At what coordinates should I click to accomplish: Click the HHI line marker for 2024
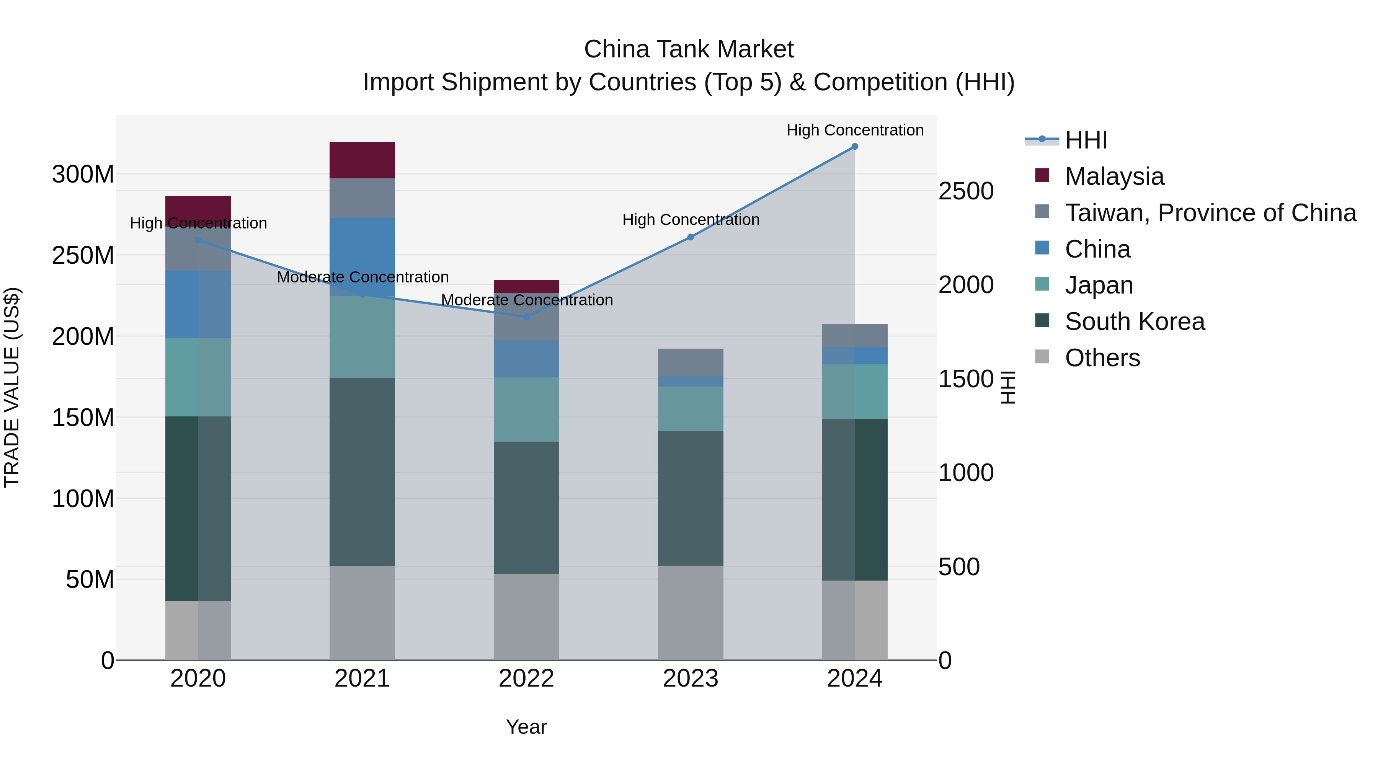coord(854,147)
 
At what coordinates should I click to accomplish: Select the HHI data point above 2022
coord(526,317)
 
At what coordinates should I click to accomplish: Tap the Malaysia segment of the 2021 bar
coord(362,160)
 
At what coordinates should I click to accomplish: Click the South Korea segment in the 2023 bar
coord(690,498)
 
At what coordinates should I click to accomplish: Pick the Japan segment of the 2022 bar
coord(526,409)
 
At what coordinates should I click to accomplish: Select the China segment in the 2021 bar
coord(362,257)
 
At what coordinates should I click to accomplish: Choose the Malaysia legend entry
coord(1114,176)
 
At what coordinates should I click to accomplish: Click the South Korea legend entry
coord(1134,321)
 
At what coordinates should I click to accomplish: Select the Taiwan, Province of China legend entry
coord(1210,213)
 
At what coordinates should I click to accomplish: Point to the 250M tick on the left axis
coord(83,256)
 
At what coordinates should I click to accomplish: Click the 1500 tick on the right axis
coord(966,379)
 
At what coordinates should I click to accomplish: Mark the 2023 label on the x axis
coord(690,679)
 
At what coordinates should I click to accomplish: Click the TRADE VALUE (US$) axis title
coord(12,387)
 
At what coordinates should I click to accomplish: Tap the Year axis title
coord(526,727)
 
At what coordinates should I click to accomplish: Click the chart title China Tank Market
coord(689,49)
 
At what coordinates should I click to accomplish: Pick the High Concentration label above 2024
coord(854,130)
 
